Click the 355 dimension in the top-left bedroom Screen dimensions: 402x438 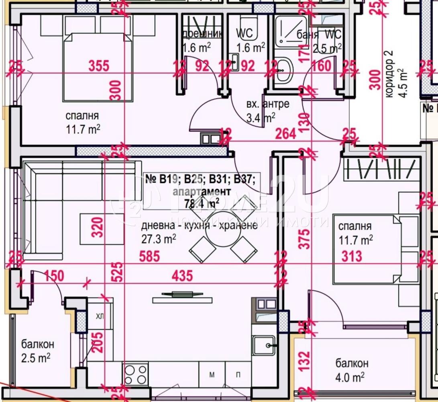point(98,66)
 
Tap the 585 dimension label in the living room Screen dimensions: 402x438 point(149,256)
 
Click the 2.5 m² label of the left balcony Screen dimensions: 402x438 point(36,357)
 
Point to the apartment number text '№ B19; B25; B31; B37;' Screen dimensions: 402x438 point(200,179)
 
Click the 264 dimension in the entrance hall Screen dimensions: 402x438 point(286,133)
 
